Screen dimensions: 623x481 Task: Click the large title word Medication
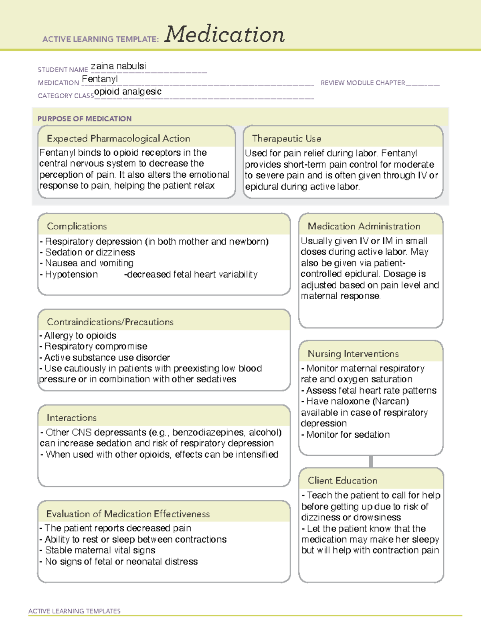(x=224, y=34)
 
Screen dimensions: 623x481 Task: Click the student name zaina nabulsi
(x=118, y=66)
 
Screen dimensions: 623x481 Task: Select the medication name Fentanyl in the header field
(x=100, y=79)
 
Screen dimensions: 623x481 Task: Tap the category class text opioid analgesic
(x=128, y=91)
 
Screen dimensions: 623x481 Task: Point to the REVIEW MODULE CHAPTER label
(x=363, y=83)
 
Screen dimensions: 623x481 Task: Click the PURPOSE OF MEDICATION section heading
(x=85, y=119)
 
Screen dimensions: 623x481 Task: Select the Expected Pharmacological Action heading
(x=118, y=138)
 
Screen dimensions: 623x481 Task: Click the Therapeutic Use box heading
(x=287, y=138)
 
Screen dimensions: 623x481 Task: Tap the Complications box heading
(x=77, y=226)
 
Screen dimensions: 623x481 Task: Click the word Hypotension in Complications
(x=71, y=274)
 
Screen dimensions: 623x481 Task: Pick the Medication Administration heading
(x=364, y=226)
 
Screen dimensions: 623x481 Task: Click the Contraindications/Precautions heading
(x=110, y=322)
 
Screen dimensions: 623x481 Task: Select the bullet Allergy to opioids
(x=80, y=335)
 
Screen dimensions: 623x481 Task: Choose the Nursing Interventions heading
(x=353, y=353)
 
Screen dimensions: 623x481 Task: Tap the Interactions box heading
(x=72, y=418)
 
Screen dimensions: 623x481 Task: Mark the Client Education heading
(x=342, y=480)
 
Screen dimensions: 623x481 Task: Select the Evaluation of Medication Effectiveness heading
(x=128, y=514)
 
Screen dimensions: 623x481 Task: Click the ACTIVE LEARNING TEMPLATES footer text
(x=75, y=611)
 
